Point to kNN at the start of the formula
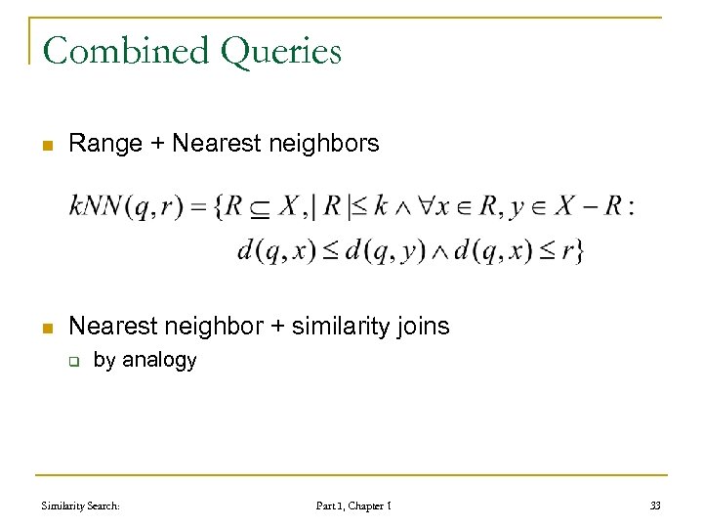(x=95, y=206)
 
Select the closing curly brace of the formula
(x=580, y=251)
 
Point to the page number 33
(x=655, y=506)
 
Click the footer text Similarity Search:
(x=81, y=506)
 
